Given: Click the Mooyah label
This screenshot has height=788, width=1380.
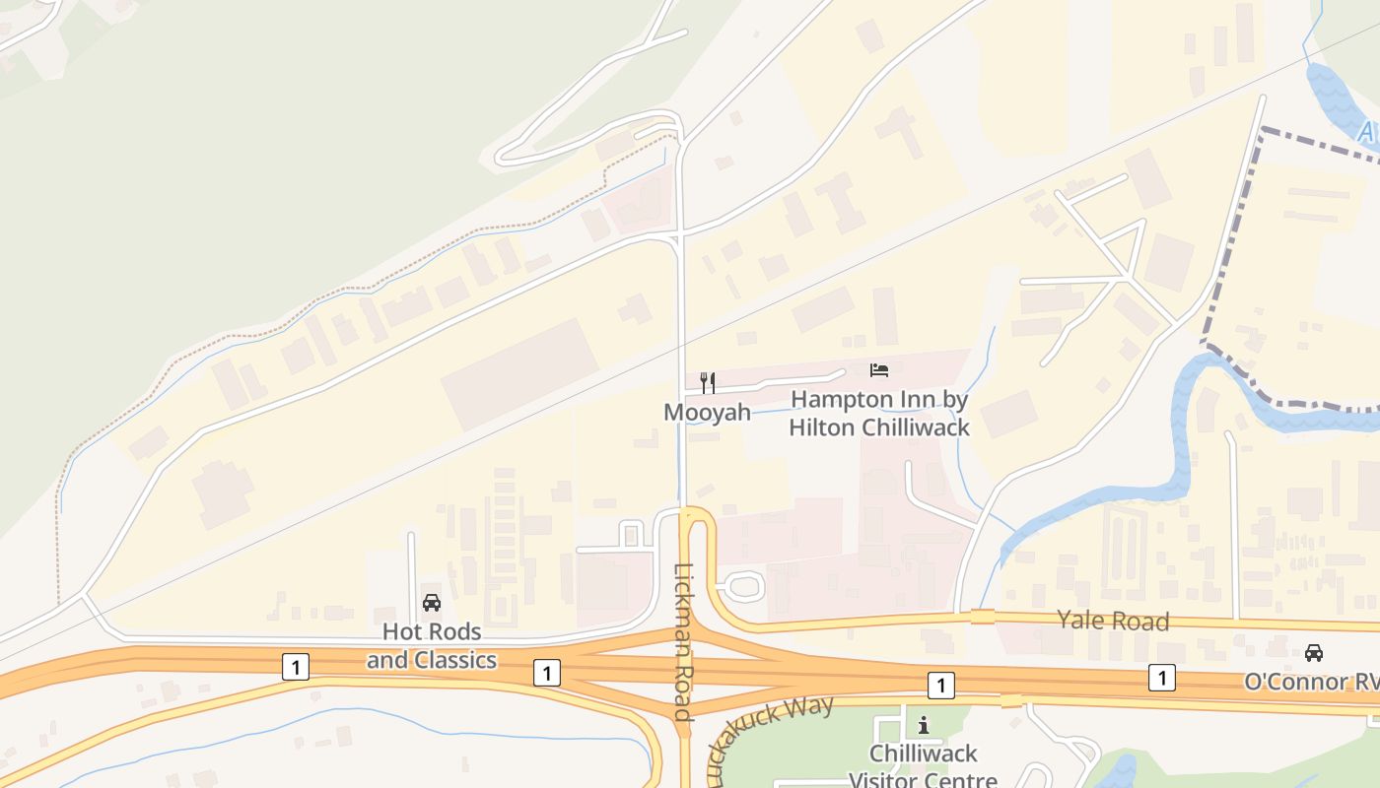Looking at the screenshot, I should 707,412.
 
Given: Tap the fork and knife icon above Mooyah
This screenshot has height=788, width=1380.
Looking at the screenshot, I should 707,382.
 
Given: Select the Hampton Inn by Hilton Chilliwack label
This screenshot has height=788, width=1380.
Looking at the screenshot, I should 879,414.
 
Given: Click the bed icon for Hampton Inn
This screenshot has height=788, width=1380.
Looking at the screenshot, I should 879,370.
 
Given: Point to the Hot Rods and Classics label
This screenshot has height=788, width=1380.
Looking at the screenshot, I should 432,645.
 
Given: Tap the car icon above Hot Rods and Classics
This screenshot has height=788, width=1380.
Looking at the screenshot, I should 432,603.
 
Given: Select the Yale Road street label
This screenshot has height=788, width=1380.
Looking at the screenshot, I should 1113,621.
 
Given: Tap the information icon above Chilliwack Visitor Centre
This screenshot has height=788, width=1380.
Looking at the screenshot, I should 924,726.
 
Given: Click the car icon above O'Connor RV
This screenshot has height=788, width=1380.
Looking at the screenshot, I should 1313,652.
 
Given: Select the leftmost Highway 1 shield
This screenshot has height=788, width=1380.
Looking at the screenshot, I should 295,667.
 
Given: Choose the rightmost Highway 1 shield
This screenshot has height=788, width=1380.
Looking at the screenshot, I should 1162,678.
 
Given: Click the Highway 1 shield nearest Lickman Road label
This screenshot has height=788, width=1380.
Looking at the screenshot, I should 546,673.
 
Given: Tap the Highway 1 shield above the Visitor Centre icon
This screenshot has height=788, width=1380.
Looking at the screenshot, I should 941,686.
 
